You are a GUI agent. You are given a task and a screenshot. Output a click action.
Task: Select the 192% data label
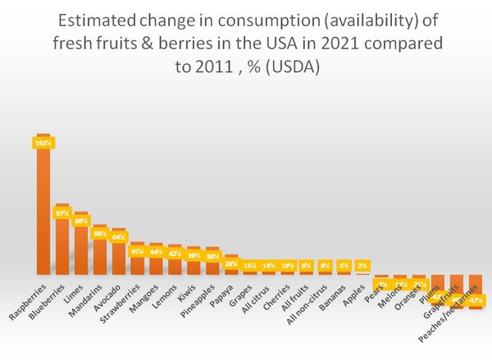click(x=43, y=143)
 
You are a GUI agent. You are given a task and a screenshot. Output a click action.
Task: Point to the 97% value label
click(x=62, y=213)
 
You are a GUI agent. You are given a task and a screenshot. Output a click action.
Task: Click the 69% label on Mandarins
click(x=100, y=234)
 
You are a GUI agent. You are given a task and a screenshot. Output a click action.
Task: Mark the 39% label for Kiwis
click(x=194, y=255)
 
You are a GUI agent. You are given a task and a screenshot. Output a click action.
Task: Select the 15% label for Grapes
click(x=249, y=266)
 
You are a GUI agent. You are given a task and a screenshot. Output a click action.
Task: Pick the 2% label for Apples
click(x=362, y=266)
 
